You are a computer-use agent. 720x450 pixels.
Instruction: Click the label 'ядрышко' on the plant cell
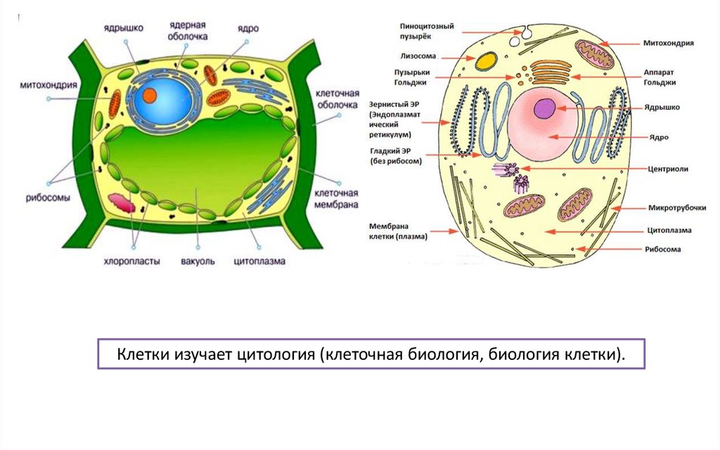click(x=124, y=28)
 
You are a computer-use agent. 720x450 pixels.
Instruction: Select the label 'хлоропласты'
click(x=132, y=261)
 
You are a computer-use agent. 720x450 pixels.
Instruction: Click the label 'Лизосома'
click(x=419, y=56)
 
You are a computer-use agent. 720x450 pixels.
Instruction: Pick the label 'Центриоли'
click(x=668, y=169)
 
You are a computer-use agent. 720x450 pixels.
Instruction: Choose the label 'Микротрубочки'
click(x=671, y=208)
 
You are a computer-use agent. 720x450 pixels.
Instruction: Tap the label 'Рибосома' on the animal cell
click(x=665, y=249)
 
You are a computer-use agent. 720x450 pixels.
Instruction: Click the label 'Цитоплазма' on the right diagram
click(x=669, y=230)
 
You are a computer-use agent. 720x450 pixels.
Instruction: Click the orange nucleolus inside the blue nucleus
click(x=150, y=96)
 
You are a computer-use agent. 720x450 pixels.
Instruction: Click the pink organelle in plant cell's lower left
click(x=123, y=204)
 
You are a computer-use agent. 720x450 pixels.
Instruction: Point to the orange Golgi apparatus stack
click(x=551, y=72)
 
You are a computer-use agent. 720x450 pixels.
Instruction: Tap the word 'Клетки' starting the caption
click(x=140, y=354)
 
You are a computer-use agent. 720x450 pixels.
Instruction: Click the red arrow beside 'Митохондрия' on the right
click(x=618, y=43)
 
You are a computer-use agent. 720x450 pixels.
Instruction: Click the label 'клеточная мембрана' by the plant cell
click(x=336, y=199)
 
